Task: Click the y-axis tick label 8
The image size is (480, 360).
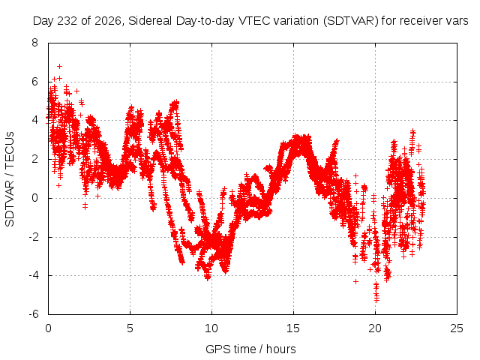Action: coord(35,43)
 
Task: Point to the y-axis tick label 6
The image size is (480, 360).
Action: coord(35,82)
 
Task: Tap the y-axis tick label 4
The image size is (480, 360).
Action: coord(35,120)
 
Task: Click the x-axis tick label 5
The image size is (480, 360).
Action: coord(130,328)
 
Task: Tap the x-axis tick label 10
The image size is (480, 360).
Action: coord(211,328)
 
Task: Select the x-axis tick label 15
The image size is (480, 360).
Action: coord(293,328)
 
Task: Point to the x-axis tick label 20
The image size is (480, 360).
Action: coord(375,328)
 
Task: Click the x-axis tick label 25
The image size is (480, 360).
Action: coord(457,328)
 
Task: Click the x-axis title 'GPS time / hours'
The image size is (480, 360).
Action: coord(250,349)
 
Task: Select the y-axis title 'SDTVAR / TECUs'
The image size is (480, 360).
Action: coord(10,179)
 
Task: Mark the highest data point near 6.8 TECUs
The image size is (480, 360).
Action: coord(60,67)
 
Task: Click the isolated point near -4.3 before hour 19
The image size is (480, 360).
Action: coord(355,281)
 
